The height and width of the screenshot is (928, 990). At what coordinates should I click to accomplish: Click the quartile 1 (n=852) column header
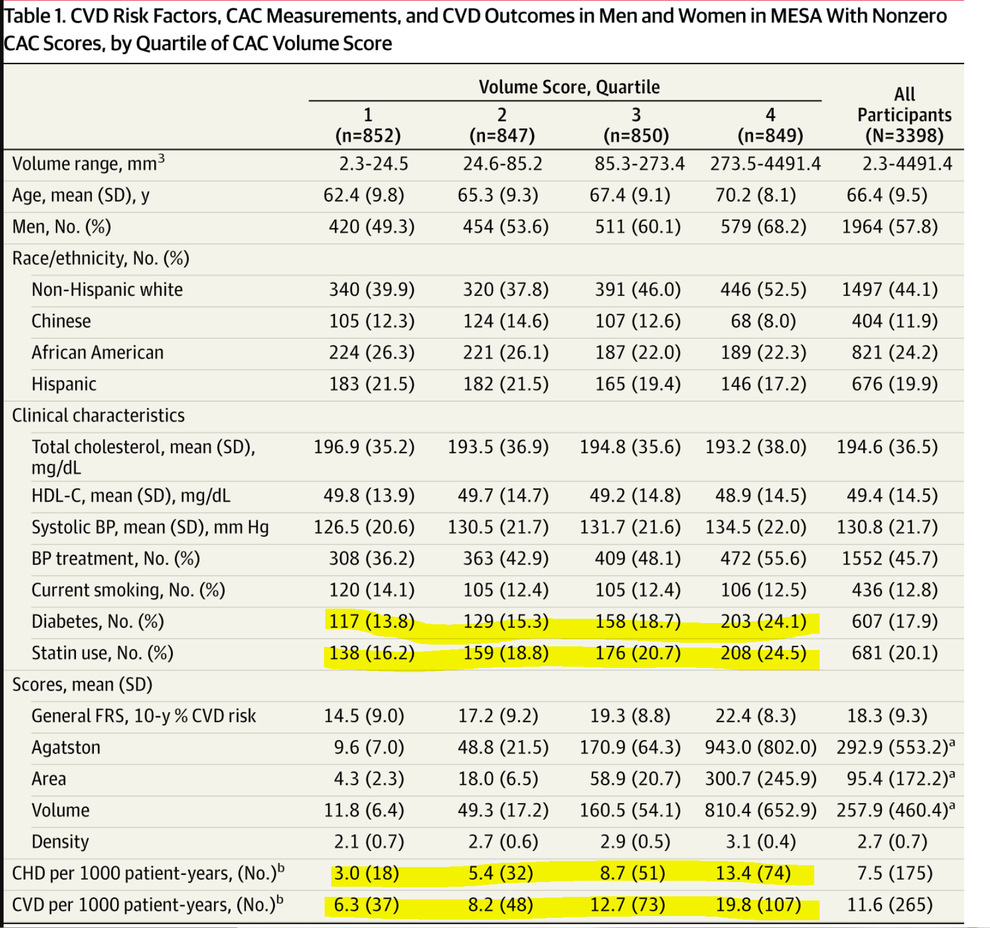pos(368,125)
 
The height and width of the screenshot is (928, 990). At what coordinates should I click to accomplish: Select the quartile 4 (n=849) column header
pos(770,125)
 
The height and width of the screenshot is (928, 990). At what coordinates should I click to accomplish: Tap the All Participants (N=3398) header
pos(905,115)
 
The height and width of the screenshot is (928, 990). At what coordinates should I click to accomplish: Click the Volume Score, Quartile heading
pos(569,87)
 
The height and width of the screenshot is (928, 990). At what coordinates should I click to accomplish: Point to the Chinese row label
pos(61,321)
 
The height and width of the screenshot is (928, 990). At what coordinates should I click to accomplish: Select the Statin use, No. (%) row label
pos(102,653)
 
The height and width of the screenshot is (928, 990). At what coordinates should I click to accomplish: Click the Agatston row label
pos(66,747)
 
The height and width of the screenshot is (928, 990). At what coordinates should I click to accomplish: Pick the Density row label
pos(60,841)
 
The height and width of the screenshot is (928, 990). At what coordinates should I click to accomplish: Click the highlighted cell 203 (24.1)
pos(763,622)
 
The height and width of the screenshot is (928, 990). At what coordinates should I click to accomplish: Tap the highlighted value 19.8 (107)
pos(759,905)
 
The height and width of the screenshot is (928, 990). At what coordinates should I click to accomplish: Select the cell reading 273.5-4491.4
pos(766,164)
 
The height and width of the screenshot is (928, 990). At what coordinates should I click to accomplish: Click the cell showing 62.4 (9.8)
pos(364,195)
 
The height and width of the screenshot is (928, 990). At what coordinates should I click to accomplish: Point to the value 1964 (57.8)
pos(890,227)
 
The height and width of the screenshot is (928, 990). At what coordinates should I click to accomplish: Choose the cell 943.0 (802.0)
pos(761,747)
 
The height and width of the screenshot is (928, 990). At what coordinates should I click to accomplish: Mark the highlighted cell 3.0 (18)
pos(366,873)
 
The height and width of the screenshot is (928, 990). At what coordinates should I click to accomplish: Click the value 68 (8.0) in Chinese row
pos(763,321)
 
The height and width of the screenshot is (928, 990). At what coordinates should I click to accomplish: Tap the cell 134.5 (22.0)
pos(756,527)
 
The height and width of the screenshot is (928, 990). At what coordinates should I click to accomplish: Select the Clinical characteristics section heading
pos(99,416)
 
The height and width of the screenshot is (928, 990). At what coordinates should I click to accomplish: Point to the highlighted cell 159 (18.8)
pos(506,653)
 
